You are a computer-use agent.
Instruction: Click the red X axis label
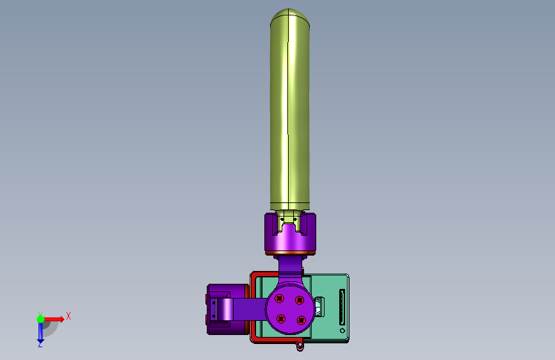(x=68, y=316)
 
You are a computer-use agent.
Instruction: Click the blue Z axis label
(x=40, y=344)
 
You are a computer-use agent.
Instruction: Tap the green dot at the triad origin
(x=41, y=319)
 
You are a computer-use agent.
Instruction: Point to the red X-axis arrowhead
(x=61, y=319)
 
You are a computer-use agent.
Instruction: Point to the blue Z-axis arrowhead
(x=40, y=341)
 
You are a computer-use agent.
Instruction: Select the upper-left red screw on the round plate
(x=279, y=299)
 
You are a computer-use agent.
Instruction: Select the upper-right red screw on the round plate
(x=300, y=300)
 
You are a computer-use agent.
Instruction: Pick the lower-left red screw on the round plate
(x=281, y=318)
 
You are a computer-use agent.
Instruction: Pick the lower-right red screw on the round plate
(x=302, y=320)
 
